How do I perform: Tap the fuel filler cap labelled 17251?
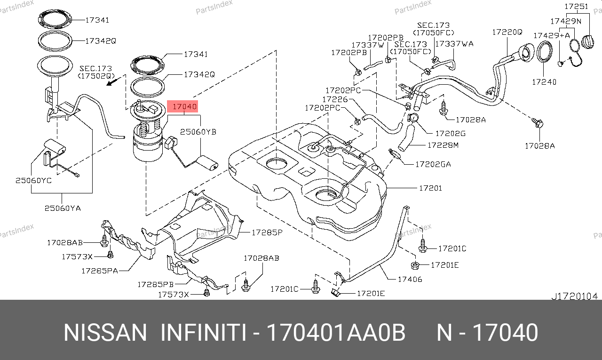[587, 42]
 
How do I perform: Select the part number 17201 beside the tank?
[430, 188]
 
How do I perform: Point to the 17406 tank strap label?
[410, 280]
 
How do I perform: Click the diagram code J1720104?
[575, 296]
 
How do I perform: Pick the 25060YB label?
[198, 132]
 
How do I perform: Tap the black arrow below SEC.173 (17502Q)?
[113, 81]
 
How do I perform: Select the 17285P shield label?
[267, 232]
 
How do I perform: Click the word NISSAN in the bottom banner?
[105, 333]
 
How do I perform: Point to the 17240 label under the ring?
[544, 82]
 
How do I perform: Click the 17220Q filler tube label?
[507, 32]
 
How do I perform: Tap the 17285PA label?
[100, 271]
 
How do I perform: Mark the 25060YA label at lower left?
[63, 208]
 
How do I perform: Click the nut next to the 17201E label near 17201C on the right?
[415, 265]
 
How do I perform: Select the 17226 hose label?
[335, 99]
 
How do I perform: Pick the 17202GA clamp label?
[433, 164]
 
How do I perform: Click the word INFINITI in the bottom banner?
[203, 333]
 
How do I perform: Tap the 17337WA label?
[454, 44]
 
